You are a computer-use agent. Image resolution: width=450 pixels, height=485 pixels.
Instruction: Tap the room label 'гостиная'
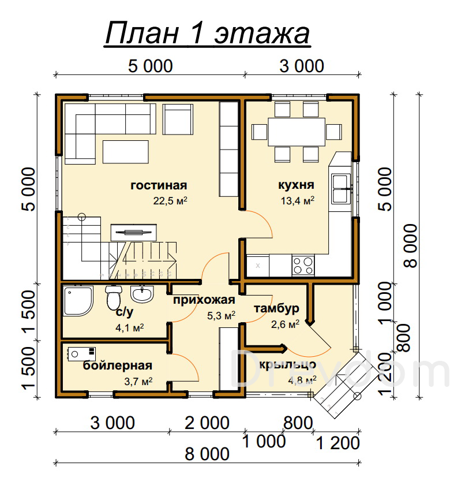coord(159,185)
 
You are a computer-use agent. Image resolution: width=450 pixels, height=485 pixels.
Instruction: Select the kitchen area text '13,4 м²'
coord(297,201)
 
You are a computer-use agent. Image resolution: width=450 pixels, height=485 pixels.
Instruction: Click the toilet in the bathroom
coord(114,297)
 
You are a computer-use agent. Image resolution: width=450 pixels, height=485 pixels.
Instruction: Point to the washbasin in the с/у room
coord(142,294)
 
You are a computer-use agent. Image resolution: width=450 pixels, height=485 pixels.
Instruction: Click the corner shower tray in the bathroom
coord(78,301)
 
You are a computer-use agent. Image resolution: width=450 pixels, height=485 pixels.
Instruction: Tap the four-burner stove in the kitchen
coord(303,266)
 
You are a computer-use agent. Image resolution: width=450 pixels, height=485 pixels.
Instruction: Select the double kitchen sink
coord(340,188)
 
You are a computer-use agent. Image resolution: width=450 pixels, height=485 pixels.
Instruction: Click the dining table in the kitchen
coord(297,132)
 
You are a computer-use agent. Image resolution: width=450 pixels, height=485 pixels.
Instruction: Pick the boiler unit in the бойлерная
coord(81,354)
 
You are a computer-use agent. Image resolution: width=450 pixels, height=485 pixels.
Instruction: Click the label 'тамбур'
coord(276,309)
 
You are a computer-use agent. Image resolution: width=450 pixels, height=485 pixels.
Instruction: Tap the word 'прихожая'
coord(204,300)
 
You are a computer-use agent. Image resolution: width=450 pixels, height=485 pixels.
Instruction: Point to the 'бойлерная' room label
coord(118,365)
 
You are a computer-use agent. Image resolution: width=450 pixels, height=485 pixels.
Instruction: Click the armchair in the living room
coord(178,119)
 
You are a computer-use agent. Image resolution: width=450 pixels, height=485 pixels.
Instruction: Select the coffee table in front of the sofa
coord(126,152)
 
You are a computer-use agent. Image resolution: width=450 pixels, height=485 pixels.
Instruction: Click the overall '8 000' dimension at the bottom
coord(207,454)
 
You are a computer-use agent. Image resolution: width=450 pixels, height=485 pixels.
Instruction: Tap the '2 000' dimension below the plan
coord(207,423)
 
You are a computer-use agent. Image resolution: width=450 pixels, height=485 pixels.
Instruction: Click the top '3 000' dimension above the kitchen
coord(302,66)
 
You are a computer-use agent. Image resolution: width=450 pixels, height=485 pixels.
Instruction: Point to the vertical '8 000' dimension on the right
coord(411,246)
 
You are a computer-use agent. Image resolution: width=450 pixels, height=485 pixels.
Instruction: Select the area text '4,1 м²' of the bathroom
coord(129,327)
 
